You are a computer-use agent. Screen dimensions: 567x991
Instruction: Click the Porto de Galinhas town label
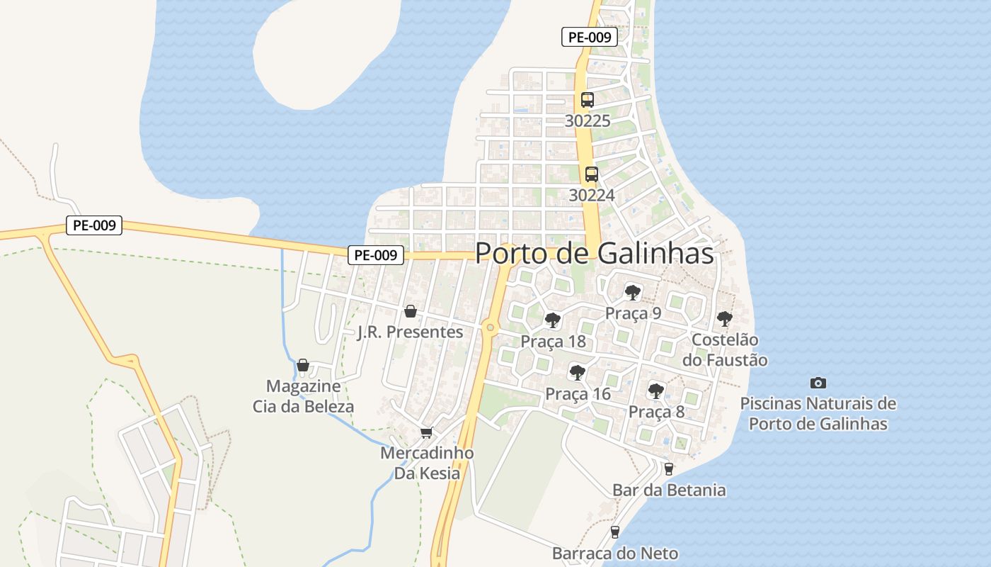pyautogui.click(x=594, y=253)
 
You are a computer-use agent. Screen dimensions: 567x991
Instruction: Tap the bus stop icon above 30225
pyautogui.click(x=588, y=100)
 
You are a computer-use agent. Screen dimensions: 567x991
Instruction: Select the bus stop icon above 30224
pyautogui.click(x=591, y=174)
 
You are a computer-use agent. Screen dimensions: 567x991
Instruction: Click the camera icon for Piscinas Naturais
pyautogui.click(x=818, y=383)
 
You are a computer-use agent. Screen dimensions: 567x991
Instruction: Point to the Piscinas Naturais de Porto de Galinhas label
pyautogui.click(x=818, y=414)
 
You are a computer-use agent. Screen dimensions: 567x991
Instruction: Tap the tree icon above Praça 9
pyautogui.click(x=633, y=292)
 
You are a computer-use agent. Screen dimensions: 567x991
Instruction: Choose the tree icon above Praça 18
pyautogui.click(x=553, y=320)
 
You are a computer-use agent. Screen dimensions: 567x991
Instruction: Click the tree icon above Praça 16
pyautogui.click(x=578, y=372)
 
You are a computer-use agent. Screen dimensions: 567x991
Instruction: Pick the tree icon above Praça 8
pyautogui.click(x=656, y=391)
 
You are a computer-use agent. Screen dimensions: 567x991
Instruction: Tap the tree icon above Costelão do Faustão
pyautogui.click(x=724, y=319)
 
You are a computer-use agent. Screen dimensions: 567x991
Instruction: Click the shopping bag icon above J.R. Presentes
pyautogui.click(x=410, y=311)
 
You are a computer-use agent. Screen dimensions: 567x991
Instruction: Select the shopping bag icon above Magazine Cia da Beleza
pyautogui.click(x=303, y=365)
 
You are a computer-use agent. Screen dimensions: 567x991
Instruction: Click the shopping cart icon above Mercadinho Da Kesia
pyautogui.click(x=426, y=432)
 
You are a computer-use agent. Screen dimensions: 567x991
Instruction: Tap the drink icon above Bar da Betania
pyautogui.click(x=668, y=468)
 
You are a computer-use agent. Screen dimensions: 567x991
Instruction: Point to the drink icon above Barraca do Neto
pyautogui.click(x=614, y=532)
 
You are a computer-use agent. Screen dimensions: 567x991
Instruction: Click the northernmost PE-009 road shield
pyautogui.click(x=589, y=37)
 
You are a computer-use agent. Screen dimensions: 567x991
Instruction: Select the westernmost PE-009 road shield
pyautogui.click(x=94, y=225)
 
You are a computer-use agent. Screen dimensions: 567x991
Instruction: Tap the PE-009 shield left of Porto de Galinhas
pyautogui.click(x=375, y=255)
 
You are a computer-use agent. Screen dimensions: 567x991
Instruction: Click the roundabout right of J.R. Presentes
pyautogui.click(x=490, y=327)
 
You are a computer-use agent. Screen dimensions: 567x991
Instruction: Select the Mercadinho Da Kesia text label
pyautogui.click(x=427, y=463)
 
